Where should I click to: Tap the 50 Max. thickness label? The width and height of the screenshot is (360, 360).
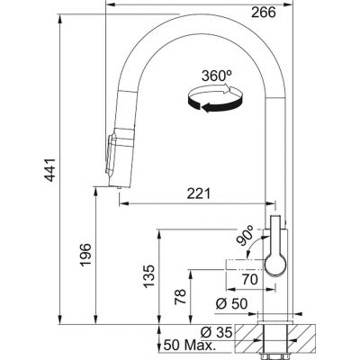[x=189, y=346]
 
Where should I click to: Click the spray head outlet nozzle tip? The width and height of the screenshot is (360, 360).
[x=118, y=184]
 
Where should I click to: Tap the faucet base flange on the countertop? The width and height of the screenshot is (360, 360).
[x=276, y=319]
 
